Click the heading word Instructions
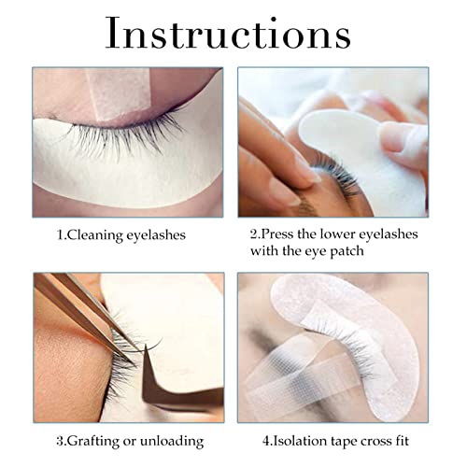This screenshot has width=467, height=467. (x=228, y=33)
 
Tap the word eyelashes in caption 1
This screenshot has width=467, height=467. (x=156, y=235)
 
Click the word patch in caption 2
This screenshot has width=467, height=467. (x=347, y=251)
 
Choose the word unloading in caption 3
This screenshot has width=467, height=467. (x=172, y=441)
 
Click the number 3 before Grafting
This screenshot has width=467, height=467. (x=60, y=442)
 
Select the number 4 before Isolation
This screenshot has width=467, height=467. (x=266, y=442)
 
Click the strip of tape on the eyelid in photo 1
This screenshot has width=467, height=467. (x=120, y=93)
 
